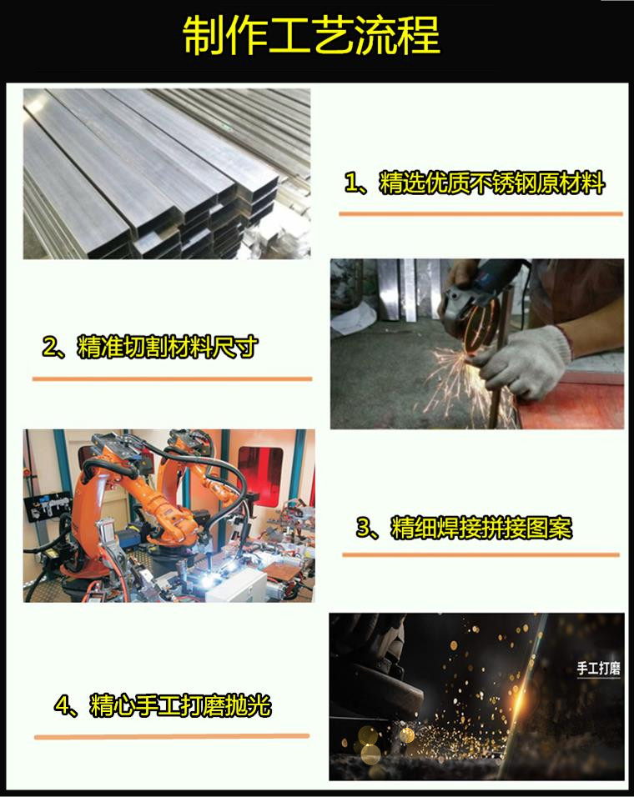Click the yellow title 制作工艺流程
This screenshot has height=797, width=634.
(311, 36)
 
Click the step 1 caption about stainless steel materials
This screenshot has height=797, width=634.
(475, 183)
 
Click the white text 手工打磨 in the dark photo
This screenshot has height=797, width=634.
(598, 668)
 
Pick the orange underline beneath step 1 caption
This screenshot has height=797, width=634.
(481, 214)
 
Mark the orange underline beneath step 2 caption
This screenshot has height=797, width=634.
(172, 378)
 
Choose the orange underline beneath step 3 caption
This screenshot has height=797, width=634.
(481, 554)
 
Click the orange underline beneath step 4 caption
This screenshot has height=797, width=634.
(172, 736)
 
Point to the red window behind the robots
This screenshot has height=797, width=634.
(260, 475)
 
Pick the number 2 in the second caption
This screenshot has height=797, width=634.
(50, 348)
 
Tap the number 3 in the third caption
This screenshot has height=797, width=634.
(364, 528)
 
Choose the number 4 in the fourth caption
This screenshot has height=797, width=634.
(62, 706)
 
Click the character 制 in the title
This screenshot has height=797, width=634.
(203, 36)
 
